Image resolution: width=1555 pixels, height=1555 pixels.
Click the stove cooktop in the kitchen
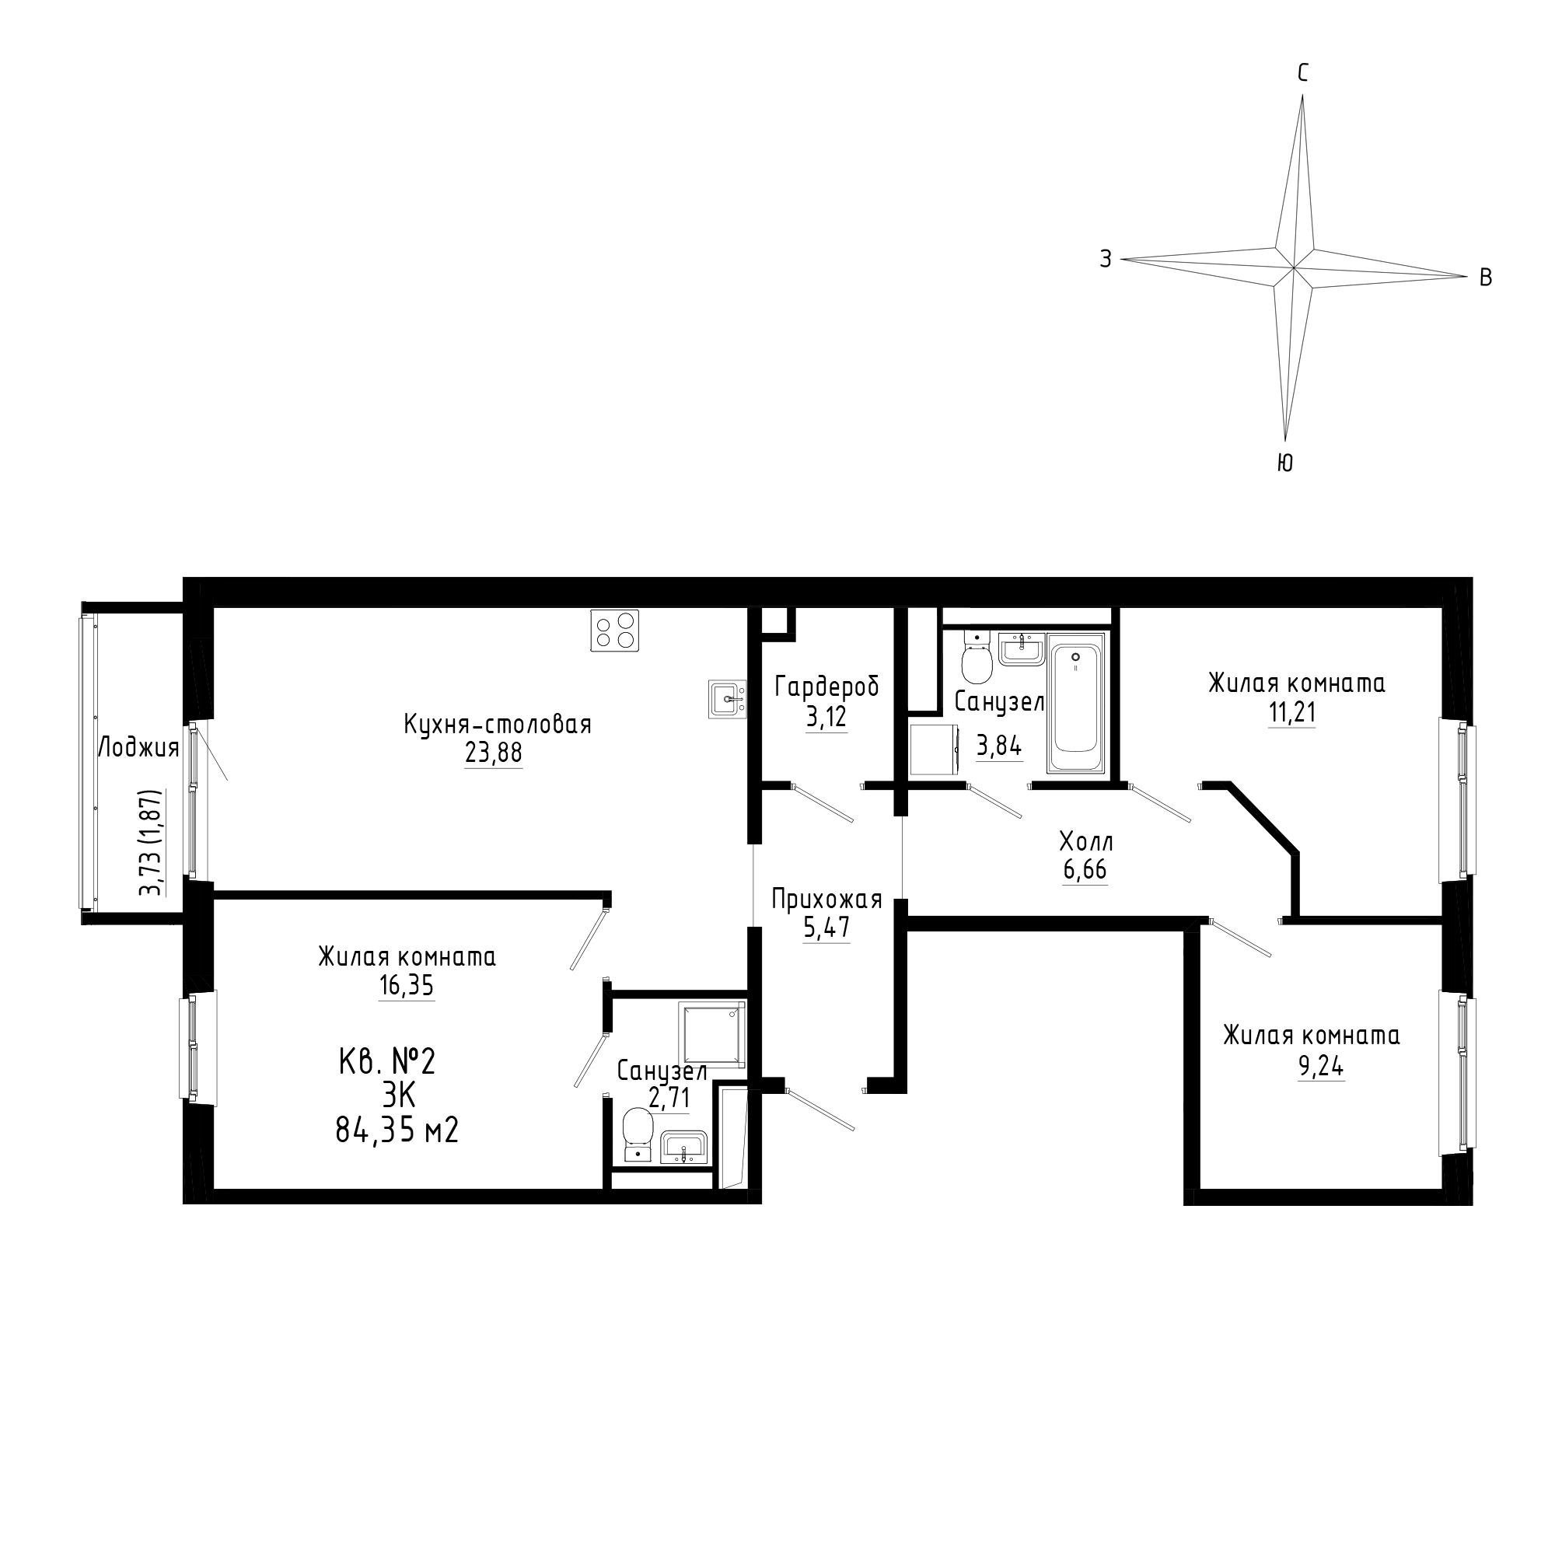[x=615, y=631]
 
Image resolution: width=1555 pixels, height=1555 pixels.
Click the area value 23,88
[x=494, y=753]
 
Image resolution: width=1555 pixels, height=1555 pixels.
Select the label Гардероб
[x=826, y=687]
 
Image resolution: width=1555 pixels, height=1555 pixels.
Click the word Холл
[x=1085, y=843]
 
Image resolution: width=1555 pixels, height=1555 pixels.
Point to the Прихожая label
[x=826, y=899]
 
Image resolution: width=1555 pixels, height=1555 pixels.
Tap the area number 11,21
[x=1293, y=711]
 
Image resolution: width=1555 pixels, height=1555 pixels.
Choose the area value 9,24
[x=1321, y=1066]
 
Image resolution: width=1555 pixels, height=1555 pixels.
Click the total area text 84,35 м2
[x=397, y=1130]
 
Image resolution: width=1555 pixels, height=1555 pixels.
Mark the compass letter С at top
[x=1303, y=74]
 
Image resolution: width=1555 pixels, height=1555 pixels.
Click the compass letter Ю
[x=1284, y=462]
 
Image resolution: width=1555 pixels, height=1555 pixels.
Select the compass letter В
[x=1486, y=278]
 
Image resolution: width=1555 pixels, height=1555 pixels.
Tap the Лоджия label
[x=138, y=749]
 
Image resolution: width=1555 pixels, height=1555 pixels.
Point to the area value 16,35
[x=407, y=985]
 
